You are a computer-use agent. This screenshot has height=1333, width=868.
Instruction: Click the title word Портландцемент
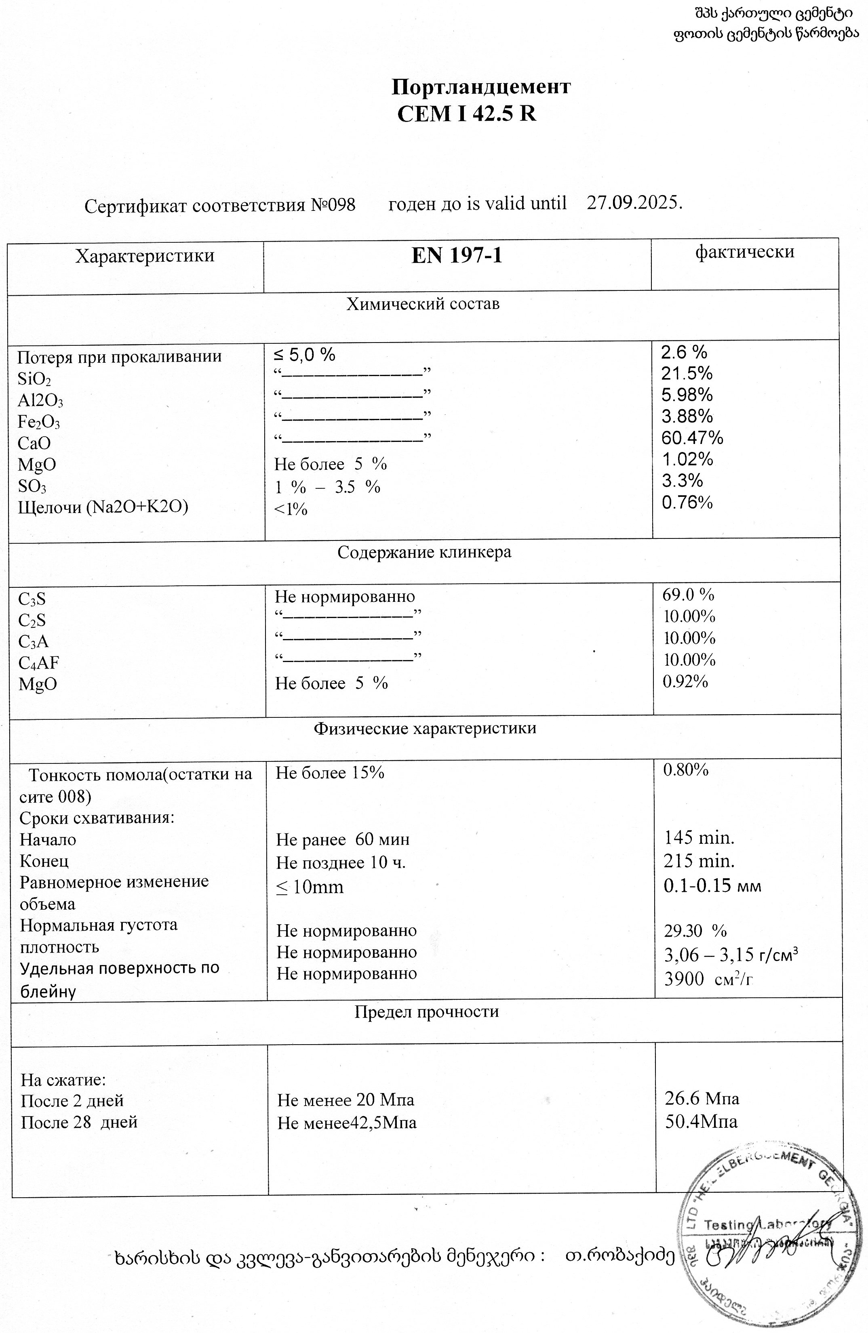(x=480, y=87)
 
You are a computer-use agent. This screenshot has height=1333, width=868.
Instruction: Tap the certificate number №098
(x=333, y=205)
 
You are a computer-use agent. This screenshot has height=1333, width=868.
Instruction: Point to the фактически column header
(x=745, y=252)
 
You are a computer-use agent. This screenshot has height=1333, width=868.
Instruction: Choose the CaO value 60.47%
(x=692, y=437)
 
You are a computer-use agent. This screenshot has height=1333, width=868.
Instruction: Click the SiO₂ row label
(x=34, y=379)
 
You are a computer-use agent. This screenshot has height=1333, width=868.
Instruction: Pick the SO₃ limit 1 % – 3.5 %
(x=327, y=487)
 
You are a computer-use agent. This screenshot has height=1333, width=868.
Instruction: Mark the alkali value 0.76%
(x=687, y=503)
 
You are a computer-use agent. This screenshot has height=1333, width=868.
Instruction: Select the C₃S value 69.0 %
(x=688, y=595)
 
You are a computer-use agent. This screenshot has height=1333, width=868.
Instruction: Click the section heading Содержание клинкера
(x=424, y=552)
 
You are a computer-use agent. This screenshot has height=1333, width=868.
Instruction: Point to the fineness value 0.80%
(x=686, y=770)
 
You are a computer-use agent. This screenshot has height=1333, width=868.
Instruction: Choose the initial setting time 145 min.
(x=699, y=839)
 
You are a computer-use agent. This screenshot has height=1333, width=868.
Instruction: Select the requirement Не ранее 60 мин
(x=342, y=839)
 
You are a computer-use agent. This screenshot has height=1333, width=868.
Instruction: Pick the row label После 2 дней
(x=72, y=1101)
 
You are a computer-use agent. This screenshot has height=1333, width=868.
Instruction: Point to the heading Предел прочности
(x=426, y=1011)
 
